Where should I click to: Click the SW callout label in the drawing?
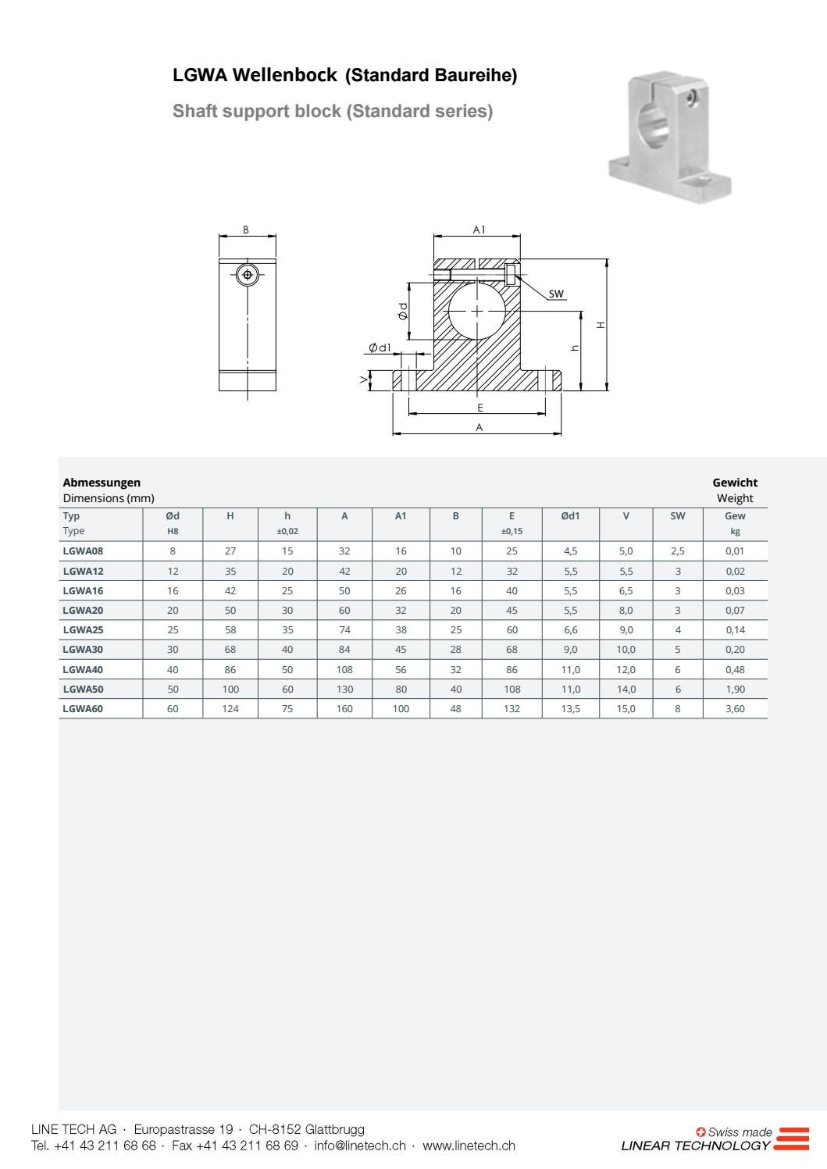click(556, 294)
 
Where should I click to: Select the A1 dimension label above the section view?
click(479, 230)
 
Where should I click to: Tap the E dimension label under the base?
click(479, 408)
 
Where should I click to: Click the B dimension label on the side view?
click(246, 230)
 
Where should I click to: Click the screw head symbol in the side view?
click(248, 275)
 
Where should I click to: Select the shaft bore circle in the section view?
click(477, 311)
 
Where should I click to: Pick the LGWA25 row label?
click(83, 630)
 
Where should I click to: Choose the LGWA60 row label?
click(83, 709)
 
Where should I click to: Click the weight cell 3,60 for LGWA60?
click(735, 709)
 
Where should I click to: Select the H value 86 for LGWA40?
click(230, 670)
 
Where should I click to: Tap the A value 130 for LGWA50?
click(344, 690)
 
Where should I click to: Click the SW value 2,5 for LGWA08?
click(677, 551)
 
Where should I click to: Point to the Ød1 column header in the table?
click(570, 516)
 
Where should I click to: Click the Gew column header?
click(735, 516)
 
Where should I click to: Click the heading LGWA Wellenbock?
click(255, 76)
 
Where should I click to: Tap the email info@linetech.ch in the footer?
click(360, 1146)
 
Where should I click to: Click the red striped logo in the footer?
click(793, 1139)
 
